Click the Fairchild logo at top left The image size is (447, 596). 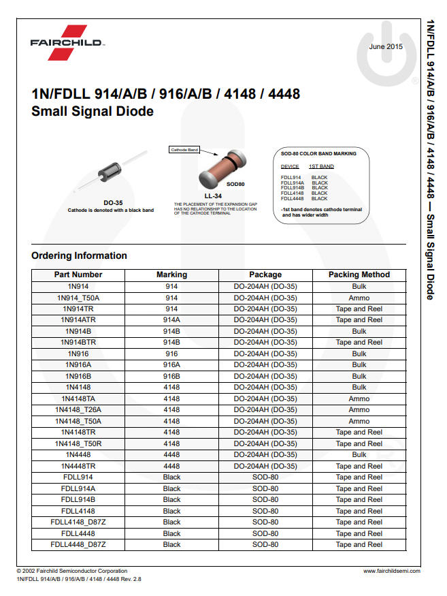pos(67,42)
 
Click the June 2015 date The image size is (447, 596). pos(386,46)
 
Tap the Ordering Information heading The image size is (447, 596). pos(79,255)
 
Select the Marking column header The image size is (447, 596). pos(171,275)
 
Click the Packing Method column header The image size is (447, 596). pos(359,275)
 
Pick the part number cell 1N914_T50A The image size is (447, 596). pos(78,298)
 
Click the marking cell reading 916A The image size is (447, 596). pos(171,365)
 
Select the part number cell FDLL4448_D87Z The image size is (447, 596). pos(78,544)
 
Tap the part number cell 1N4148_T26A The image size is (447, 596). pos(78,410)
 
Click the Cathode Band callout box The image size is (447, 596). pos(184,149)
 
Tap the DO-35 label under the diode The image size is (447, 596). pos(113,203)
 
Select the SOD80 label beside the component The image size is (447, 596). pos(235,184)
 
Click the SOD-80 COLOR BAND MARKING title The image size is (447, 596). pos(318,154)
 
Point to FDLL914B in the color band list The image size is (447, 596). pos(292,187)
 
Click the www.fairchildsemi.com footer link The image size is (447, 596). pos(391,571)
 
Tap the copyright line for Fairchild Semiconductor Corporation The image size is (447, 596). pos(72,571)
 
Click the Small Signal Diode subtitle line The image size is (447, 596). pos(93,111)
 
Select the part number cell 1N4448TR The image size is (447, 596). pos(78,466)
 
